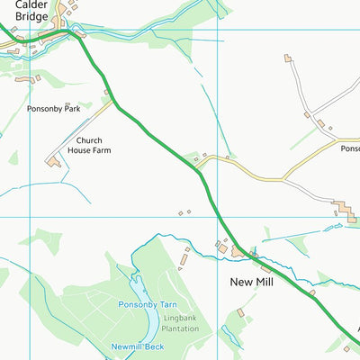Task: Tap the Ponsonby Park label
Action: (x=54, y=108)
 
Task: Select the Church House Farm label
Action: (x=100, y=146)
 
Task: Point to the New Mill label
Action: (x=250, y=283)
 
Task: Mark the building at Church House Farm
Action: (x=54, y=163)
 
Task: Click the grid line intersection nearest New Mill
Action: (x=219, y=217)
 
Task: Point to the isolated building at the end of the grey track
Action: (x=288, y=58)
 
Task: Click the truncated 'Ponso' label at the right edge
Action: (x=349, y=149)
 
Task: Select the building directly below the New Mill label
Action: (x=241, y=312)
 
